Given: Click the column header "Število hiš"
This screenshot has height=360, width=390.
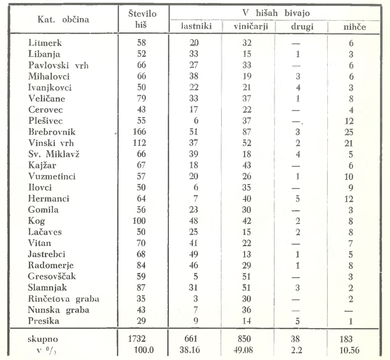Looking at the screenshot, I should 142,18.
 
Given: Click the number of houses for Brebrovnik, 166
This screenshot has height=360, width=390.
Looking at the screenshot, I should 142,134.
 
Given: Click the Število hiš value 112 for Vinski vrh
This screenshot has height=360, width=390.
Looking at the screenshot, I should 142,144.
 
